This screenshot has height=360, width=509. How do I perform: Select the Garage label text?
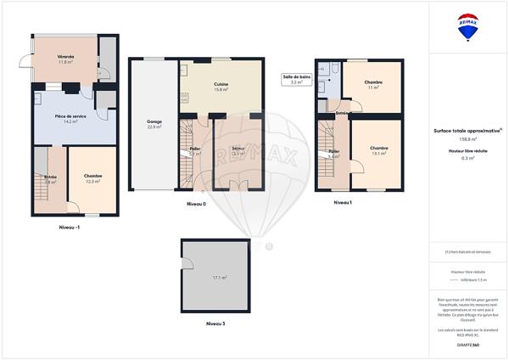point(154,123)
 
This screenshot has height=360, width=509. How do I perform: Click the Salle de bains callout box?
point(297,79)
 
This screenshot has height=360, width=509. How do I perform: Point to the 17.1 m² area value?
point(219,278)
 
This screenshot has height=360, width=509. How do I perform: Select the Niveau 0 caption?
point(196,205)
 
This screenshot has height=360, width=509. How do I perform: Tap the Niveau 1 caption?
point(343,203)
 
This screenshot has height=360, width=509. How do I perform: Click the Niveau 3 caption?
point(216,323)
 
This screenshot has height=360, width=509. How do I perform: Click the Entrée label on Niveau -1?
point(50,177)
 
